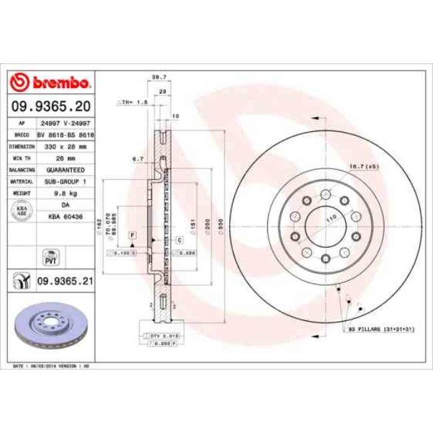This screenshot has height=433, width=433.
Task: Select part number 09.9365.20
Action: [51, 106]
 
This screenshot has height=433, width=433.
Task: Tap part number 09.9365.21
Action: [65, 282]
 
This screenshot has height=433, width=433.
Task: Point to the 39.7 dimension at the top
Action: [159, 77]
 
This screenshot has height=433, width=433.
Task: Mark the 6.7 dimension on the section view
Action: [139, 159]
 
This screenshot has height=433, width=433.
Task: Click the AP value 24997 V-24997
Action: [65, 123]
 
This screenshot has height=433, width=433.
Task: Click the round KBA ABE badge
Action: [21, 211]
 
